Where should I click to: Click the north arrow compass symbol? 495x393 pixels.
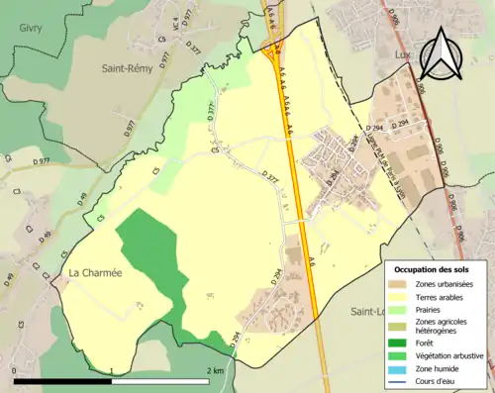(440, 55)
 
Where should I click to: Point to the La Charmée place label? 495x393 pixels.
(94, 273)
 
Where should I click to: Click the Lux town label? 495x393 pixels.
(402, 55)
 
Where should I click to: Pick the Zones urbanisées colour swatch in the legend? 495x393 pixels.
(400, 285)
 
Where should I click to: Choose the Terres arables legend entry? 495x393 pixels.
(442, 297)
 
